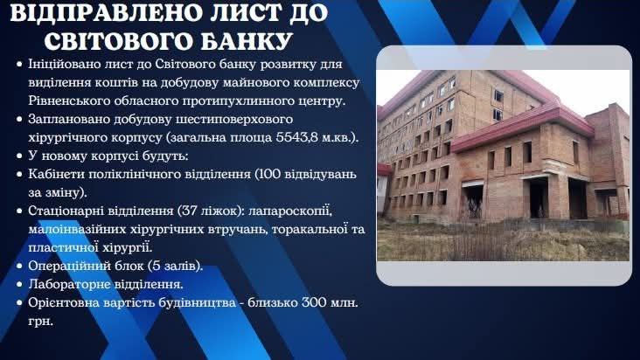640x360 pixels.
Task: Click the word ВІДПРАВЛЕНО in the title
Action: click(107, 13)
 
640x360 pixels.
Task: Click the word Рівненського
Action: click(65, 101)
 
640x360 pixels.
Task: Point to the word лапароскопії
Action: click(290, 211)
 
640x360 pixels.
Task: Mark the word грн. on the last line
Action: click(40, 322)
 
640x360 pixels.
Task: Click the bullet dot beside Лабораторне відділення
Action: click(18, 285)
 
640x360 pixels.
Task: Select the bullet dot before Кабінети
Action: click(18, 175)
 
